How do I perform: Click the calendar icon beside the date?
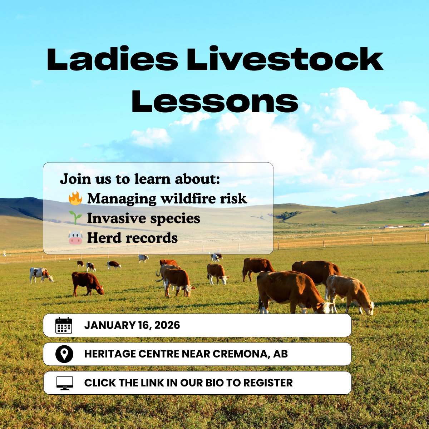[x=64, y=325]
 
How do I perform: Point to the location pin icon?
[x=64, y=354]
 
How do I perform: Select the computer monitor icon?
[x=65, y=383]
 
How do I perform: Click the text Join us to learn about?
[x=140, y=179]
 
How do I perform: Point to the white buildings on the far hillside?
[x=394, y=226]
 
